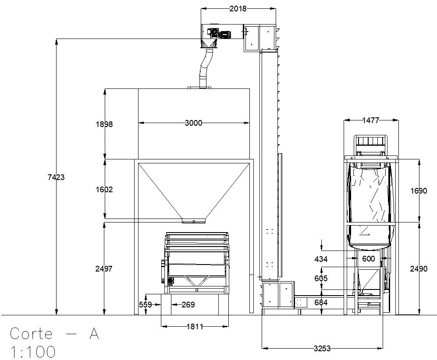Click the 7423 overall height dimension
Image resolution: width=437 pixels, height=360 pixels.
point(56,177)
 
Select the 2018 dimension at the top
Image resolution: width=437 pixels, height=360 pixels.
point(238,9)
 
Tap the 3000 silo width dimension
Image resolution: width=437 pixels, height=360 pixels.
point(193,123)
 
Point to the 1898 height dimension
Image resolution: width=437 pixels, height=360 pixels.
point(104,124)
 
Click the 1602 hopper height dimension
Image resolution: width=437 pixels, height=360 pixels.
point(104,190)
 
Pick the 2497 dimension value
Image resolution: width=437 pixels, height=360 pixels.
point(104,269)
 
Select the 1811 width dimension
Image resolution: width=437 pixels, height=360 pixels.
point(195,326)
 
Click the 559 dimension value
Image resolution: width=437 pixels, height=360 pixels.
point(146,305)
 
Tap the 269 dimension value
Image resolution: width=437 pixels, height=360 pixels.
point(188,305)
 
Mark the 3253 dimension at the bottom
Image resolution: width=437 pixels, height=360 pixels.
point(322,349)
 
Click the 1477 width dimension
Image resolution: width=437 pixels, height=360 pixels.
point(371,120)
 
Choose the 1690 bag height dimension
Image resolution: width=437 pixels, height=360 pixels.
point(419,191)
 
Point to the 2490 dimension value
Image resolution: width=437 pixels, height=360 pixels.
point(419,269)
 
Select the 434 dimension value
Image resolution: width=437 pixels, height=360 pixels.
point(321,259)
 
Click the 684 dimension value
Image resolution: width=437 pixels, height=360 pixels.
point(321,303)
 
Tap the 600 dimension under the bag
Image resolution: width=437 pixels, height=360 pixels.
point(369,259)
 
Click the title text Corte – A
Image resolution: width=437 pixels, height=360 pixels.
point(54,334)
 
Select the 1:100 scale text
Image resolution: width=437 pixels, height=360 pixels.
point(33,352)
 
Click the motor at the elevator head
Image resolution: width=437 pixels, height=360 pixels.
point(219,33)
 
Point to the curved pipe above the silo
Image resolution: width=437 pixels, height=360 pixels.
point(204,68)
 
